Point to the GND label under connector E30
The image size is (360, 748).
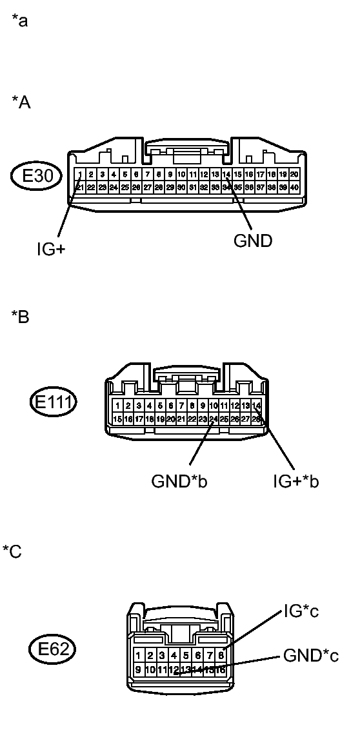pos(252,241)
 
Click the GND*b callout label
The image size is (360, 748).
pos(179,481)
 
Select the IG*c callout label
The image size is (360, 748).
pos(301,611)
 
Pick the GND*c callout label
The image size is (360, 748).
pos(311,656)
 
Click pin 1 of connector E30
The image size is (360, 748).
pos(80,174)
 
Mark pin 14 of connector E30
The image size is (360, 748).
pos(226,174)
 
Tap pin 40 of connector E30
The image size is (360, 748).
pos(294,187)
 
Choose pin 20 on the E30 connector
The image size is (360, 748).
pos(294,174)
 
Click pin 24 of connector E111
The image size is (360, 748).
pos(213,418)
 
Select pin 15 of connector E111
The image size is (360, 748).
pos(117,418)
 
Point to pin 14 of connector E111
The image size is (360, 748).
pos(255,406)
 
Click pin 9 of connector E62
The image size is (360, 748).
pos(138,669)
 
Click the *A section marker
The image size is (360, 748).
pos(21,102)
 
